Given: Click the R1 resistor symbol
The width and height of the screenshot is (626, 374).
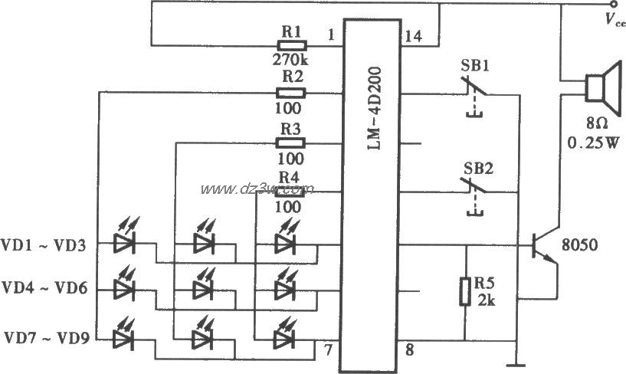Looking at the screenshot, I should tap(291, 46).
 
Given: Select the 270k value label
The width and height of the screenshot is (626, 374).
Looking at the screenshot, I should tap(290, 59).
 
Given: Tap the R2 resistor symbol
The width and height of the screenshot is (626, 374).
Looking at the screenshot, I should tap(291, 93).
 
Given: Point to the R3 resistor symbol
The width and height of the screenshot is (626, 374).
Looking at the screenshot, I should tap(291, 143).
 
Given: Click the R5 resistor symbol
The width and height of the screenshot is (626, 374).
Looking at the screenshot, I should tap(464, 291).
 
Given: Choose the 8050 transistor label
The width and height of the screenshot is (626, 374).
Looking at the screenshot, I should tap(580, 246).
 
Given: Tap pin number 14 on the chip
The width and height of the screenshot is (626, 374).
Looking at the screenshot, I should tap(408, 35).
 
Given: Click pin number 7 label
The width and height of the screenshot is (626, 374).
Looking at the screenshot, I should tap(328, 351).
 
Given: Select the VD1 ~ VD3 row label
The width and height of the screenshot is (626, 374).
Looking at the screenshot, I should tap(45, 245).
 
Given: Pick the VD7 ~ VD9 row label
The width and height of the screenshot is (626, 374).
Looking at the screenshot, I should tap(45, 336).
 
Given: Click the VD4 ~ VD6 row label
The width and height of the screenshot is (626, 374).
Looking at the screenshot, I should tap(45, 289).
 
